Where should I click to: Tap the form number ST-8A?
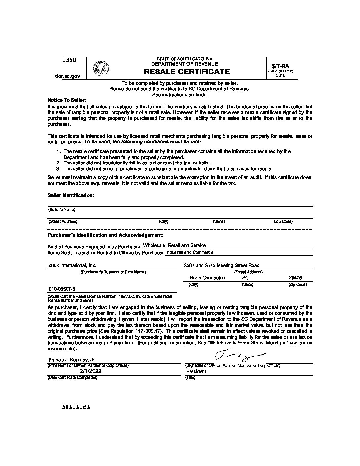click(x=281, y=66)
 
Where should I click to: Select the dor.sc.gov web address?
click(x=67, y=76)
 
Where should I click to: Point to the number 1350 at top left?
click(x=69, y=60)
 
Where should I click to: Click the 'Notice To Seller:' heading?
click(x=67, y=100)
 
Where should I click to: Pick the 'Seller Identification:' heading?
click(x=71, y=195)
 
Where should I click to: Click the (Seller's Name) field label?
click(x=62, y=210)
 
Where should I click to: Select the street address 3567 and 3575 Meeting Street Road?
click(x=221, y=265)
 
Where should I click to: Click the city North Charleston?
click(x=207, y=278)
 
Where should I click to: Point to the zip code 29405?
click(x=295, y=278)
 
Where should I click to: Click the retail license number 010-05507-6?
click(x=62, y=289)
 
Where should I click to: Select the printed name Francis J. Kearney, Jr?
click(x=72, y=360)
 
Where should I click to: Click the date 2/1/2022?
click(x=90, y=371)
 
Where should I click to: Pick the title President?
click(x=196, y=371)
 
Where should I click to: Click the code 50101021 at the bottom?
click(x=76, y=407)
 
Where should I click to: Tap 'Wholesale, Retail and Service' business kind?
click(x=174, y=246)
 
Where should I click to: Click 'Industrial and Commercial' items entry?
click(x=190, y=252)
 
